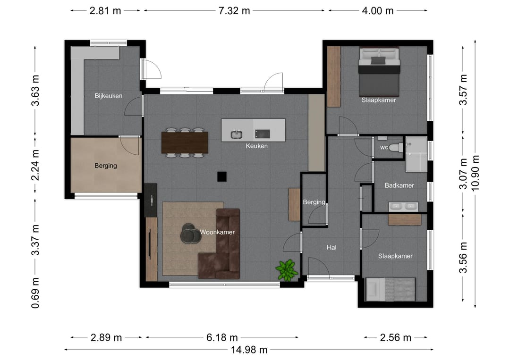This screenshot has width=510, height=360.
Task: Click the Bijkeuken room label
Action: click(x=108, y=96)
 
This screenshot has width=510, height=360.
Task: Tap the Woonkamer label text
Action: click(x=217, y=232)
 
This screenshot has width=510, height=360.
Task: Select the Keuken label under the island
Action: click(x=256, y=146)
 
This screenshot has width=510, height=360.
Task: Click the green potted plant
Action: click(x=287, y=270)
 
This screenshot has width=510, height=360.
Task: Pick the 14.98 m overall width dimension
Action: click(x=249, y=350)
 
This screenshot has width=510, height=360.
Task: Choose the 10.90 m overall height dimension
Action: click(x=475, y=173)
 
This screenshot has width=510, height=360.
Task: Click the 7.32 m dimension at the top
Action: click(x=234, y=11)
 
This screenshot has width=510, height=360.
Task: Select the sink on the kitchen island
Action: click(x=237, y=134)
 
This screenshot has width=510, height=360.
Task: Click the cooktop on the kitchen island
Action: click(x=263, y=134)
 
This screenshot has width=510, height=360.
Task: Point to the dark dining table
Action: click(x=185, y=142)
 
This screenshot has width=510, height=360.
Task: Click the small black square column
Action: click(x=222, y=176)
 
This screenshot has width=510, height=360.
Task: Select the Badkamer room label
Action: click(x=399, y=185)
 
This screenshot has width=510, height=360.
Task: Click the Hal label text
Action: click(x=331, y=248)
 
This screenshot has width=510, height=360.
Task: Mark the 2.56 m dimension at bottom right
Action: click(x=396, y=337)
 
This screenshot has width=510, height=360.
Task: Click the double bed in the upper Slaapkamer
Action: click(x=379, y=72)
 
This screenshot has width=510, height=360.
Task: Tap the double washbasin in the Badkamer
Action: click(x=403, y=207)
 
